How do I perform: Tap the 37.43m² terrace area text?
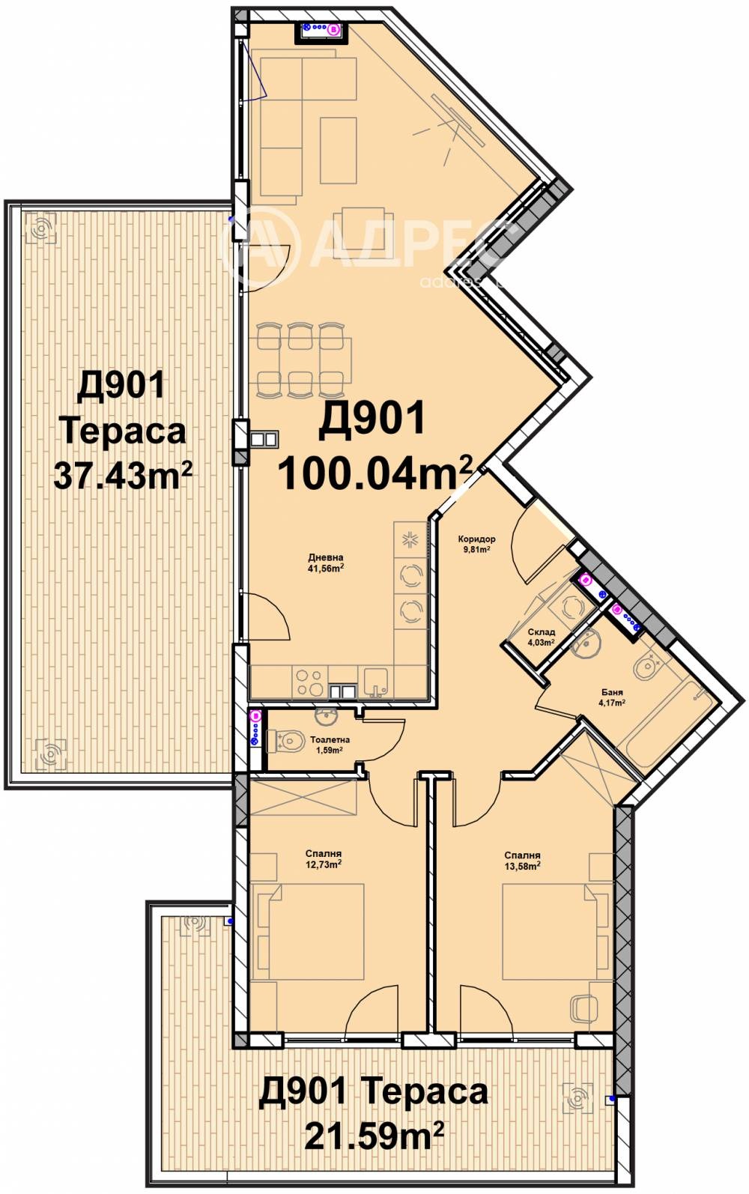point(122,474)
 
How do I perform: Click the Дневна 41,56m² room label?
point(326,563)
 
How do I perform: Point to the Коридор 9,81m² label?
point(475,543)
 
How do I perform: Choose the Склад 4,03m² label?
point(540,637)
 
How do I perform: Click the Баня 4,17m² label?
point(612,697)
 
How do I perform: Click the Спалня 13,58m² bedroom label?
point(522,861)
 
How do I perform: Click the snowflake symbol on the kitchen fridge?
point(410,541)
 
